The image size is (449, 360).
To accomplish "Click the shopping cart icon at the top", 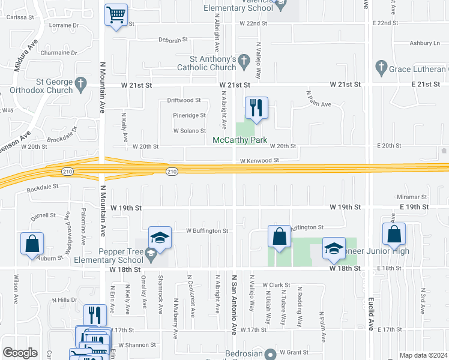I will (x=116, y=14).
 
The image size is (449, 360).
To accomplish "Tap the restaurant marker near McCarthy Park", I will (x=256, y=108).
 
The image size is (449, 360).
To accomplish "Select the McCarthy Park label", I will (x=240, y=140).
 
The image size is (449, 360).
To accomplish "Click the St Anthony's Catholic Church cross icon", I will (x=243, y=60).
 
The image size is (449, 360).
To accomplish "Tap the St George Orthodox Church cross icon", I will (x=81, y=83).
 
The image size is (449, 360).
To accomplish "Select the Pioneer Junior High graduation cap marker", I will (x=333, y=249).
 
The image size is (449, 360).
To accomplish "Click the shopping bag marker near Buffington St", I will (x=279, y=236).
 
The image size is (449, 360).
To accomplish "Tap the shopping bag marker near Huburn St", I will (x=32, y=244).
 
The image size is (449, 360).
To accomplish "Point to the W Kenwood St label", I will (x=259, y=161).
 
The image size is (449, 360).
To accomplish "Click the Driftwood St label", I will (x=183, y=100).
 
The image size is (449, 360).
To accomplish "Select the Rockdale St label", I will (x=43, y=187).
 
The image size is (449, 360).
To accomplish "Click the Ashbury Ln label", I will (x=424, y=43).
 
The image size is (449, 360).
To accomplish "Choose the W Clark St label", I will (x=276, y=285).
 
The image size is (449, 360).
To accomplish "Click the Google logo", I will (x=20, y=353).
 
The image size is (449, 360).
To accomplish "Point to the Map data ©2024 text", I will (x=423, y=355).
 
